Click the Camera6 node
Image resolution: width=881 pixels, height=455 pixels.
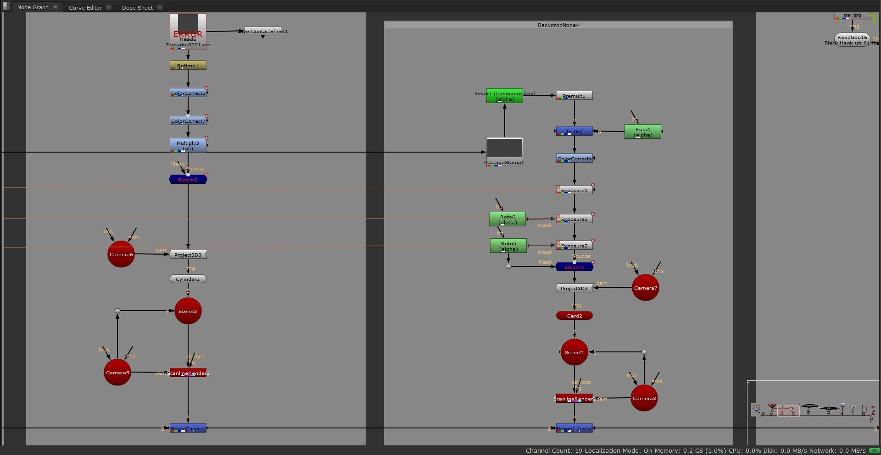(121, 254)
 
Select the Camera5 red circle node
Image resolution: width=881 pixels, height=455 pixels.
(117, 373)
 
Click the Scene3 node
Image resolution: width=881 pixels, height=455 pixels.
(188, 311)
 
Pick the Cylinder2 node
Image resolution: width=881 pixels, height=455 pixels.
(188, 279)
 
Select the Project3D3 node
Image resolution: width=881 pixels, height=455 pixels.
(188, 255)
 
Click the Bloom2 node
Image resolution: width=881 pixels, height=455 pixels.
(188, 180)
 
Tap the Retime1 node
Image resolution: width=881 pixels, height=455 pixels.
(188, 66)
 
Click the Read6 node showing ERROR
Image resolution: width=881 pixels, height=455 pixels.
(188, 30)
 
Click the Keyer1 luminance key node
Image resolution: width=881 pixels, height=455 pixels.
(505, 96)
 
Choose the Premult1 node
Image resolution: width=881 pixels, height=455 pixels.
(574, 96)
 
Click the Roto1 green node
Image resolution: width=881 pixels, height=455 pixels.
(643, 132)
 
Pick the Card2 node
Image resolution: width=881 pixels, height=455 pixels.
(574, 316)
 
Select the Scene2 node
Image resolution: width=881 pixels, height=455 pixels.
(574, 352)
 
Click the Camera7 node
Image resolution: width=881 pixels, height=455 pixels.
(645, 288)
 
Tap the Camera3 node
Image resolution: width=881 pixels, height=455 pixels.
(644, 398)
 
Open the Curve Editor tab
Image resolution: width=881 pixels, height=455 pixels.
(85, 7)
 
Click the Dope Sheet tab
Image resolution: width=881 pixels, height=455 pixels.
(137, 7)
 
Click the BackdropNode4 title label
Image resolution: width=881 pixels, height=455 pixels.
(558, 25)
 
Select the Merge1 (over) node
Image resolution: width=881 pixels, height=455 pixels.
(574, 428)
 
